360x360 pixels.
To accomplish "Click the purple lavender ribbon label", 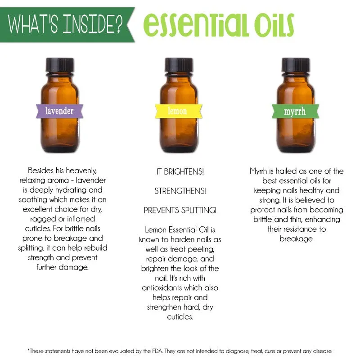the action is [59, 111].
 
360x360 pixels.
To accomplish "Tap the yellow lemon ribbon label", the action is [178, 111].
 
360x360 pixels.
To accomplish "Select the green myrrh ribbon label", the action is [295, 111].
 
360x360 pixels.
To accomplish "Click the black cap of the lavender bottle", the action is [60, 65].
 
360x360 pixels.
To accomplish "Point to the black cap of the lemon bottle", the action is [179, 65].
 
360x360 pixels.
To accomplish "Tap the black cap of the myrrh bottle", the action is [296, 65].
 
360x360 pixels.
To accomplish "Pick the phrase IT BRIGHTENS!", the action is [180, 171].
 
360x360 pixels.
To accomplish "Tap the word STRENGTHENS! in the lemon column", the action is [180, 191].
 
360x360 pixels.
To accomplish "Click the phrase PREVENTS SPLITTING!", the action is [180, 210].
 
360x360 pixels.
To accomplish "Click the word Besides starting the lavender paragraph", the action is [40, 171].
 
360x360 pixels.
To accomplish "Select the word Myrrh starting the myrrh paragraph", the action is [258, 171].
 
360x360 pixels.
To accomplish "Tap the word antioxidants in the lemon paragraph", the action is [162, 288].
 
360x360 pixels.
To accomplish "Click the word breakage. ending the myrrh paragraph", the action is [297, 239].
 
